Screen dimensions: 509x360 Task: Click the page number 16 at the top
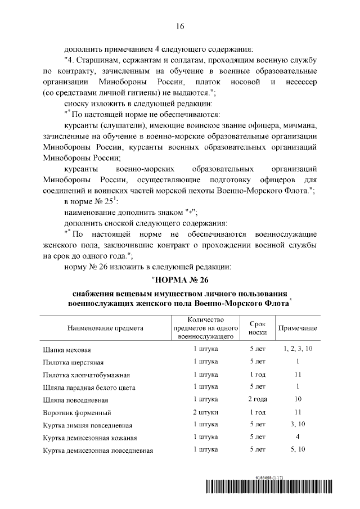coord(180,26)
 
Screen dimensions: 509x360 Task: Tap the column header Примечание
coord(296,328)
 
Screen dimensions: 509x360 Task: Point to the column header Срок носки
coord(257,328)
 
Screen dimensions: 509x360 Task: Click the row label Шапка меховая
coord(67,349)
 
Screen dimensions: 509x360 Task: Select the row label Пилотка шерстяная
coord(74,362)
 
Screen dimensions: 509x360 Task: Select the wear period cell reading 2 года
coord(257,399)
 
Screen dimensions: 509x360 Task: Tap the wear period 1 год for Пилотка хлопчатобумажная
coord(257,374)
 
